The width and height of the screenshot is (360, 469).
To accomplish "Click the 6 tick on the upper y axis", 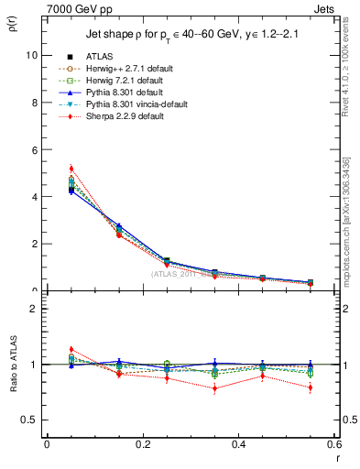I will (34, 149).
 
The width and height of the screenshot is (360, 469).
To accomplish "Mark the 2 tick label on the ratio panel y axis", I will (34, 309).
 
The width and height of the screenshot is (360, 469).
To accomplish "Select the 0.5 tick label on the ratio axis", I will (30, 420).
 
